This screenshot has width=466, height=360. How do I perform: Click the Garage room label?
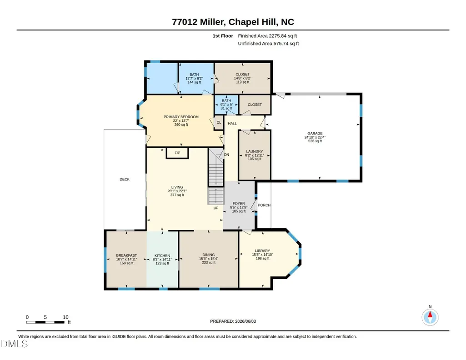(315, 133)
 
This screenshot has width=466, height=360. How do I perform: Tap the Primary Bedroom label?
(181, 117)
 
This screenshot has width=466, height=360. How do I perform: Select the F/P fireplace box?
(177, 153)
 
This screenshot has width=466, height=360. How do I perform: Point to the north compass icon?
(430, 317)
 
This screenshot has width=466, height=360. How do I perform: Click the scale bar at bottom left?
(45, 322)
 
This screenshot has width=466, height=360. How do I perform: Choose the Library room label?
(262, 251)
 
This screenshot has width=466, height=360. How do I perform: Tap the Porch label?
(264, 205)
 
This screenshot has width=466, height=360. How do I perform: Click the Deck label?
(125, 180)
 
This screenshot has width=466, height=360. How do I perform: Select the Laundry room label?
(255, 151)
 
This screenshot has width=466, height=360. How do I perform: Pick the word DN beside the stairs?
(226, 155)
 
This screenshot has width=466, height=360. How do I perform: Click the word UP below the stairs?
(216, 208)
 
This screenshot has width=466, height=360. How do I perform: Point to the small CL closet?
(219, 122)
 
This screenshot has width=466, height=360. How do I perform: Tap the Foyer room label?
(239, 204)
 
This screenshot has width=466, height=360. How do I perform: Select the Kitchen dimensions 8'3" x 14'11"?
(162, 259)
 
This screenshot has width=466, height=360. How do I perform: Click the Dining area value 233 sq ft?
(209, 262)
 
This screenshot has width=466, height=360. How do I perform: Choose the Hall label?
(232, 124)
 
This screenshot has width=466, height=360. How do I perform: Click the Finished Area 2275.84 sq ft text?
(267, 36)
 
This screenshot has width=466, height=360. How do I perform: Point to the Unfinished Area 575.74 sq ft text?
(268, 43)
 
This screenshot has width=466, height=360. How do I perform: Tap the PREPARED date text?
(233, 321)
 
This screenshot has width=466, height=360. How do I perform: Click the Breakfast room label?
(126, 255)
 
